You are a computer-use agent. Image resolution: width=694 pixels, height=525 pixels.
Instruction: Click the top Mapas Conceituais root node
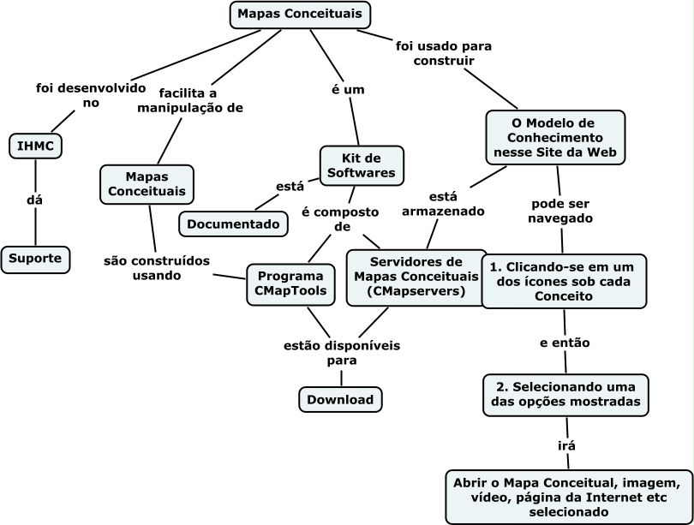pos(301,15)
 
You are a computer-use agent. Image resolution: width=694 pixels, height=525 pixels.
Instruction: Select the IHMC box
pos(35,146)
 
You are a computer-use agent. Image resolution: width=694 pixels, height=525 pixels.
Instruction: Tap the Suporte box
pos(35,258)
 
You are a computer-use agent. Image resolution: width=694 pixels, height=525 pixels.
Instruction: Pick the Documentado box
pos(233,224)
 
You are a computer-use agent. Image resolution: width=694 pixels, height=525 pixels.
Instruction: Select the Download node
pos(340,399)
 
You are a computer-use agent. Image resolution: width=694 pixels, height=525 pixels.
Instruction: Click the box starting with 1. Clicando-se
pos(563,280)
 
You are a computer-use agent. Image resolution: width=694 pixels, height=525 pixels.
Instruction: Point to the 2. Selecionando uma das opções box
pos(564,394)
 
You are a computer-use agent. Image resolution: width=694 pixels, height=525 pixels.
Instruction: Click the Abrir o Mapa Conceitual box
pos(568,496)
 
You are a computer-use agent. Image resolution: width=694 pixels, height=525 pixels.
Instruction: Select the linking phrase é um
pos(349,88)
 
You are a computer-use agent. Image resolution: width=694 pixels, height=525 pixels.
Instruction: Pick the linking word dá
pos(35,200)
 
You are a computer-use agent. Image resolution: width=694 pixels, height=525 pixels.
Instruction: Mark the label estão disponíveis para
pos(342,353)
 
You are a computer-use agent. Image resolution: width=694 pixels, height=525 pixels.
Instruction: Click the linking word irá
pos(566,445)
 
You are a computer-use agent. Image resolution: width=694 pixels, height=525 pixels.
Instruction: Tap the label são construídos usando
pos(157,268)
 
